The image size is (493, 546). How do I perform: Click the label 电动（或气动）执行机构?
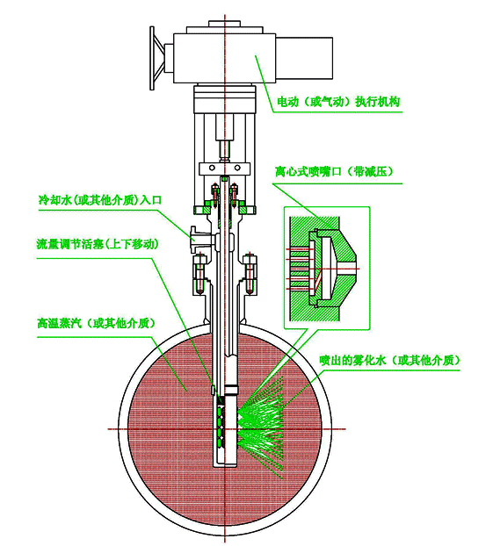tap(338, 102)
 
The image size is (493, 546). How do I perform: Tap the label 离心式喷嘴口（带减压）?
tap(334, 171)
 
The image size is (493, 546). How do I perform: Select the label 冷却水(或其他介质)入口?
tap(100, 200)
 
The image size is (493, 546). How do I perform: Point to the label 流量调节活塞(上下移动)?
tap(98, 244)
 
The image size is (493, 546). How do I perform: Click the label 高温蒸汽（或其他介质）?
tap(97, 323)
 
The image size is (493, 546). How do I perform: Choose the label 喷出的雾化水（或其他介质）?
tap(390, 360)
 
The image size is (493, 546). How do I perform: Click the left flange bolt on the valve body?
tap(199, 274)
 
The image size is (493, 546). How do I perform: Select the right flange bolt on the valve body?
tap(250, 274)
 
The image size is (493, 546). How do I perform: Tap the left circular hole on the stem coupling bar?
tap(212, 169)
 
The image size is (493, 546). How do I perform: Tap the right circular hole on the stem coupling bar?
tap(237, 169)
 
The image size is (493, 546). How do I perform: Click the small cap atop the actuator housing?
tap(225, 24)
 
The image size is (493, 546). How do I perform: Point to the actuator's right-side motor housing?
tap(304, 57)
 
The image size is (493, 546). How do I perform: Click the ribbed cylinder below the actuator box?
tap(225, 99)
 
